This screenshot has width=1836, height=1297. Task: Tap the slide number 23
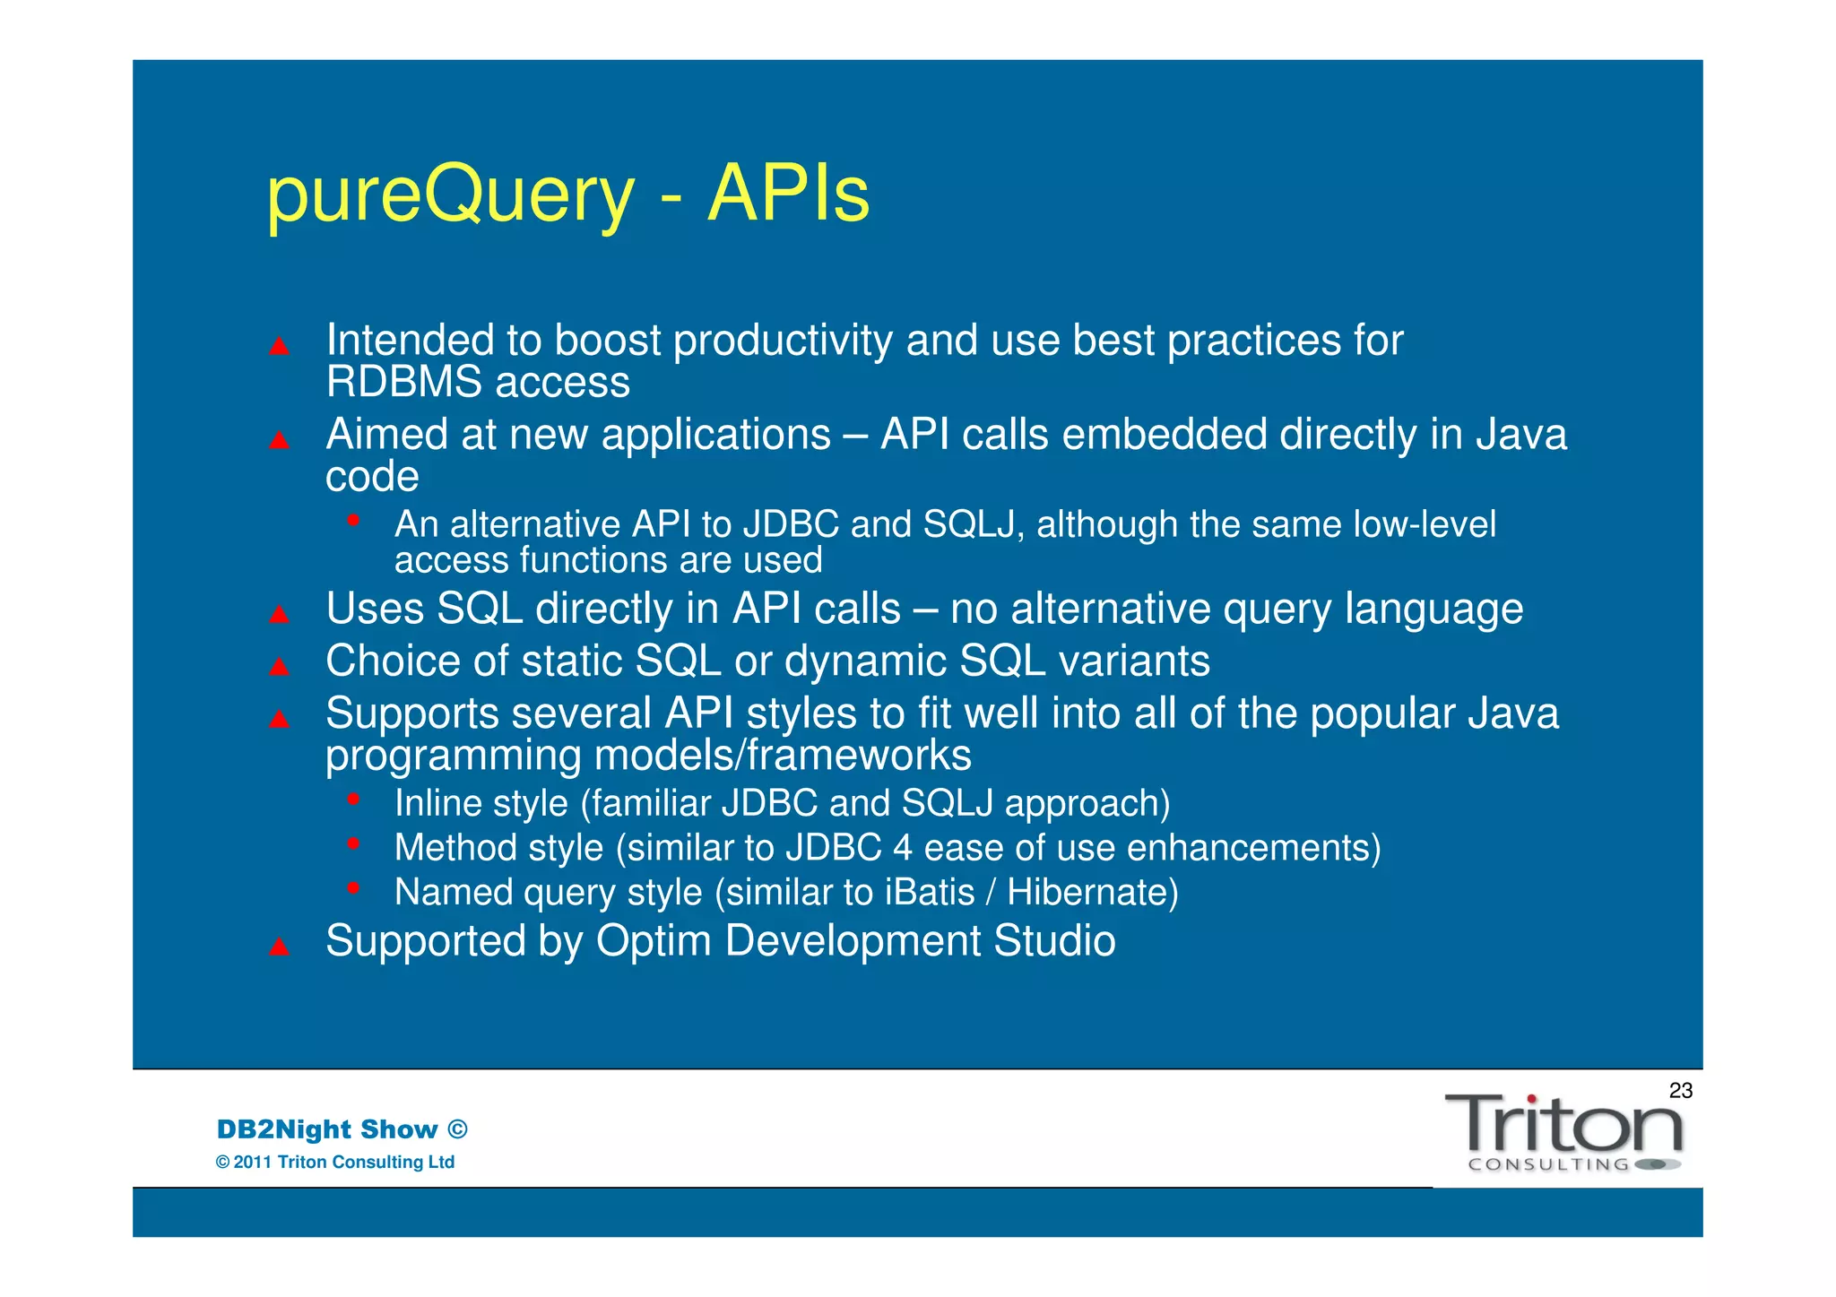pos(1680,1090)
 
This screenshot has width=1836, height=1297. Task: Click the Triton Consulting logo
pos(1563,1132)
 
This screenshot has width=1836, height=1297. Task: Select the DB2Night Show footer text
pos(342,1129)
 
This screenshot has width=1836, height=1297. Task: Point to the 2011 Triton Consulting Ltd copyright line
pos(335,1163)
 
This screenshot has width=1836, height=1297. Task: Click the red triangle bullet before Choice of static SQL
pos(280,666)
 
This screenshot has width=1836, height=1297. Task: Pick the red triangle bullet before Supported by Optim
pos(280,947)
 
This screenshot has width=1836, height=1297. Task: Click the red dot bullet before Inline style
pos(354,798)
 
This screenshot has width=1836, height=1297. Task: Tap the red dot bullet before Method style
pos(354,843)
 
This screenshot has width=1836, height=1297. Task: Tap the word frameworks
pos(859,756)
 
